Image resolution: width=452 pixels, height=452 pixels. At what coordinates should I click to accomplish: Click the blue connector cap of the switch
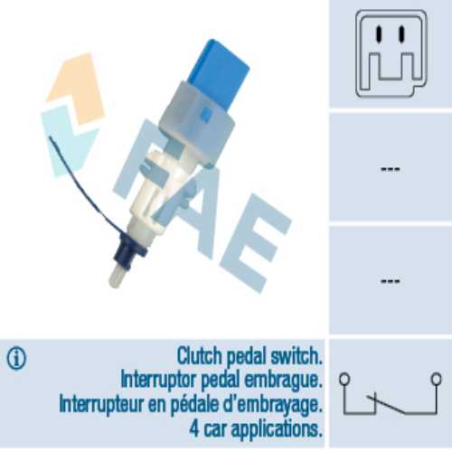[x=220, y=72]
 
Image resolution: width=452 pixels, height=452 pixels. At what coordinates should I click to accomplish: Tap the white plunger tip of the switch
[x=116, y=276]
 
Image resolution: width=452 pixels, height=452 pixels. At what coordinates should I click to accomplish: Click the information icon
[x=16, y=358]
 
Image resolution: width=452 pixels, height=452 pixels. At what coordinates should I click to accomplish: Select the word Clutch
[x=199, y=356]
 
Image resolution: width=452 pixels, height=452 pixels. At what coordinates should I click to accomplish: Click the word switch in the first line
[x=297, y=356]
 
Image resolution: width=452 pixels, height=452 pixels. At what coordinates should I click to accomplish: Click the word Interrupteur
[x=101, y=404]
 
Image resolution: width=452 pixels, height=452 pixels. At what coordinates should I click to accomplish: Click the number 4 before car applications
[x=194, y=428]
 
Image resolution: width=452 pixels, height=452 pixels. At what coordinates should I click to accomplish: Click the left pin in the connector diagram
[x=380, y=33]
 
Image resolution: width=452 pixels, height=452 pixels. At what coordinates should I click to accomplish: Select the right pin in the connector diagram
[x=401, y=33]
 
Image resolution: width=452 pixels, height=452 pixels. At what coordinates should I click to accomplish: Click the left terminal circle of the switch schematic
[x=344, y=379]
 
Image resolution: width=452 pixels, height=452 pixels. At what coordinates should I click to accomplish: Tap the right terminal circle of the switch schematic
[x=436, y=379]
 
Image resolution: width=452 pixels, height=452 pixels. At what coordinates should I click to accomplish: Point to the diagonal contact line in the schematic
[x=386, y=404]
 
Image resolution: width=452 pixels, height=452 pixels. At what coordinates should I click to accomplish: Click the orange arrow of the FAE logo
[x=76, y=89]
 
